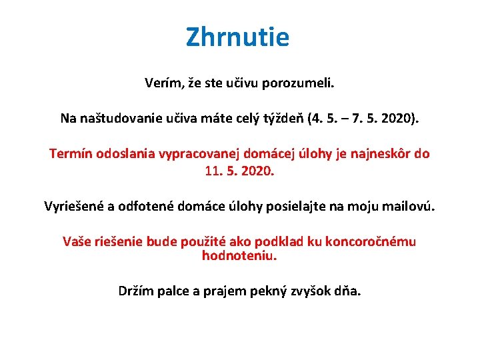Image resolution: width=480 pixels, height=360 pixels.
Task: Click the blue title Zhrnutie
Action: coord(238,37)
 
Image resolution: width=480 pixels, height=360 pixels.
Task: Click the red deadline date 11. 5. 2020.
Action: coord(239,171)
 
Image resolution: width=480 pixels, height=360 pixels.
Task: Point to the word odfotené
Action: coord(149,206)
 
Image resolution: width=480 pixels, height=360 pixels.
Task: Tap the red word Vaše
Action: coord(78,241)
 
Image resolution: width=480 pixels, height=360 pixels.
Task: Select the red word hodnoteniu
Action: coord(239,255)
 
